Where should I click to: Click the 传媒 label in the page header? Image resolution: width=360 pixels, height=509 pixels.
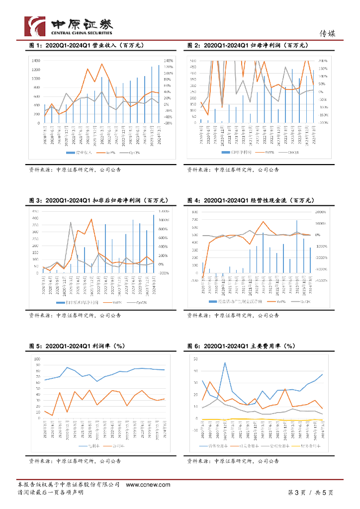click(327, 34)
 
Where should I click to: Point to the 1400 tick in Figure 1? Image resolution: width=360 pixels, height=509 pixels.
click(36, 60)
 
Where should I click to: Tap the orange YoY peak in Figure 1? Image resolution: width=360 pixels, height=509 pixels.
click(102, 64)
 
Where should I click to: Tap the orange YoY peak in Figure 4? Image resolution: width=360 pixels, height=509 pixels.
click(263, 221)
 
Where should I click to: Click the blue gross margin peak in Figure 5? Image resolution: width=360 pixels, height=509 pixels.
click(67, 367)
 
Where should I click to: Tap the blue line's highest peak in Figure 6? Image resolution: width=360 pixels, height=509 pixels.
click(225, 362)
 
